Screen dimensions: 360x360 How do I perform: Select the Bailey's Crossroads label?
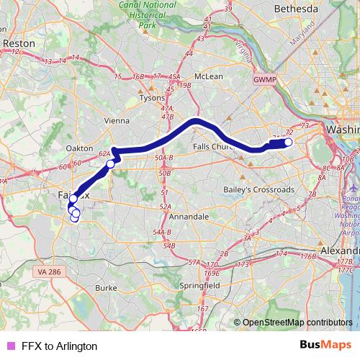pyautogui.click(x=248, y=189)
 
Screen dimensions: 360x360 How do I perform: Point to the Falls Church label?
pyautogui.click(x=215, y=146)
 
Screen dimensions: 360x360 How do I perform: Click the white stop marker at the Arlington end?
pyautogui.click(x=288, y=143)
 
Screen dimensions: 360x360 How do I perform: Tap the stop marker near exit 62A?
pyautogui.click(x=110, y=164)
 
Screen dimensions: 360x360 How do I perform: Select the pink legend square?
pyautogui.click(x=9, y=346)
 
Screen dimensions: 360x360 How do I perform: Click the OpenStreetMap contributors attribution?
pyautogui.click(x=298, y=322)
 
